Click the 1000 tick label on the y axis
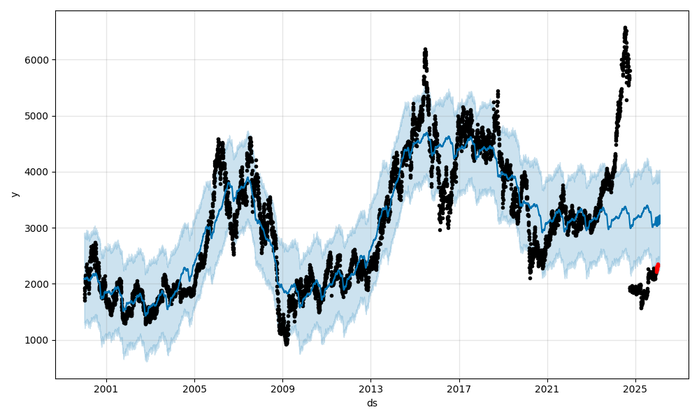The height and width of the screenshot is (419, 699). [x=38, y=340]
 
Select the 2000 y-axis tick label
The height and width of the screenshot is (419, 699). [x=38, y=284]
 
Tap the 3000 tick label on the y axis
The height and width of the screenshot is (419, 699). [x=38, y=228]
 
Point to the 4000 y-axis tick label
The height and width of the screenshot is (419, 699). [x=38, y=172]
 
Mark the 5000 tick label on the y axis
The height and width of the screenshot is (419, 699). [x=38, y=116]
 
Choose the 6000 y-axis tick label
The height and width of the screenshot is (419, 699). [x=38, y=60]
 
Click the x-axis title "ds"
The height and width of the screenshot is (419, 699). [x=372, y=403]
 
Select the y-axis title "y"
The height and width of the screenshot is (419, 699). [x=14, y=194]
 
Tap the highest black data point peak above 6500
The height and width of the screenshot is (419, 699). [x=625, y=28]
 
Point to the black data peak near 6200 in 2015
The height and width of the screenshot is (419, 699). [x=425, y=50]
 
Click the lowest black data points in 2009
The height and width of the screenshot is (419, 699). [x=286, y=343]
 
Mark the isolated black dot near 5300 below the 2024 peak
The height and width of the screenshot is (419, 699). [x=626, y=100]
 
